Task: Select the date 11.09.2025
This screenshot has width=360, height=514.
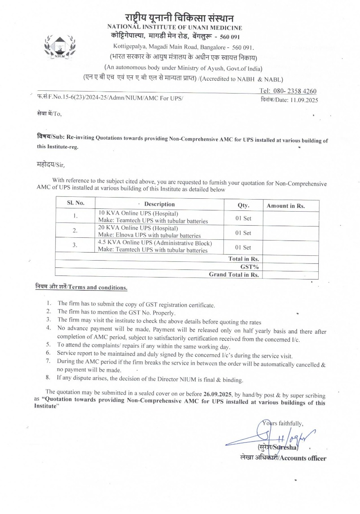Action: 304,100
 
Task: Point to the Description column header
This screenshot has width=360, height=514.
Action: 159,204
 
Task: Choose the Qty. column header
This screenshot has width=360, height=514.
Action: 243,205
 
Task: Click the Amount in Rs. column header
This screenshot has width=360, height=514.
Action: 286,206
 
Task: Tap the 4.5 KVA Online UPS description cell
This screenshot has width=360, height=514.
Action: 155,247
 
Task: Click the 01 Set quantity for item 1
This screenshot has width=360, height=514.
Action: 243,218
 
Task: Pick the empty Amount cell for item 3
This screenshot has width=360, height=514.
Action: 291,247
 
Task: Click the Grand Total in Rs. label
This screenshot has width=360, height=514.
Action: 234,275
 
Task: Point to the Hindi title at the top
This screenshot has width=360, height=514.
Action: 179,18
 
